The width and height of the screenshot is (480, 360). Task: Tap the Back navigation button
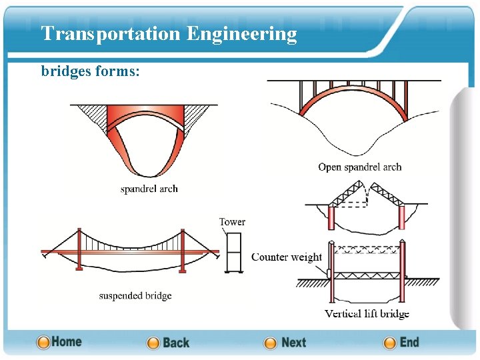[x=168, y=343]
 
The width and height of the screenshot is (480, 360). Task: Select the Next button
[x=285, y=343]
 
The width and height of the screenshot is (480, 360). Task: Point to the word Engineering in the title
[x=241, y=33]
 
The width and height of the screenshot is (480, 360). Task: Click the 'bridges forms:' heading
[x=90, y=71]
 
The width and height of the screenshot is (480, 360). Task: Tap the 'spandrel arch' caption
[x=149, y=189]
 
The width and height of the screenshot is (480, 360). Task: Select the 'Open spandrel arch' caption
[x=359, y=167]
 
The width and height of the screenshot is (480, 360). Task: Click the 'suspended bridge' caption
[x=135, y=295]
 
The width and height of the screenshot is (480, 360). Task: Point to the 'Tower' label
[x=232, y=222]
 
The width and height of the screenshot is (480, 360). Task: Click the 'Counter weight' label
[x=286, y=257]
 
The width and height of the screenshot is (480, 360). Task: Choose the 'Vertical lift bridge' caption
[x=367, y=313]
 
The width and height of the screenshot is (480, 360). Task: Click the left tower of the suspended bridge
[x=79, y=249]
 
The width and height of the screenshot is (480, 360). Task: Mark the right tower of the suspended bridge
[x=181, y=249]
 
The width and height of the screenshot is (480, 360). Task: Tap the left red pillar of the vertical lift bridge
[x=331, y=273]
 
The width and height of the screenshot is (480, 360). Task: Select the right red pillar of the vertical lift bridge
[x=402, y=273]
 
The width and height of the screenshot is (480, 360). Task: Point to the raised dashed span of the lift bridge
[x=366, y=249]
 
